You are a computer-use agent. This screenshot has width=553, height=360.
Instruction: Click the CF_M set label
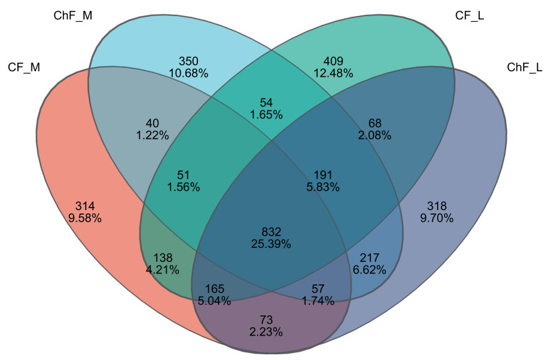[x=24, y=67]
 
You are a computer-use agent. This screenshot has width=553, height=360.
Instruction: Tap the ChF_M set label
[x=72, y=15]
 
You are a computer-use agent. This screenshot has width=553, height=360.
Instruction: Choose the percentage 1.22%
[x=152, y=135]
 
